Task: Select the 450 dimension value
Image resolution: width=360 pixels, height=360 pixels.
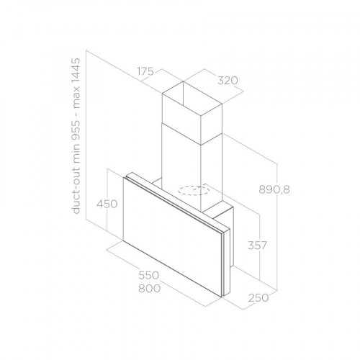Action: pyautogui.click(x=107, y=204)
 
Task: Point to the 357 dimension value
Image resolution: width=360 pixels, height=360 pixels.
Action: pyautogui.click(x=256, y=246)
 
